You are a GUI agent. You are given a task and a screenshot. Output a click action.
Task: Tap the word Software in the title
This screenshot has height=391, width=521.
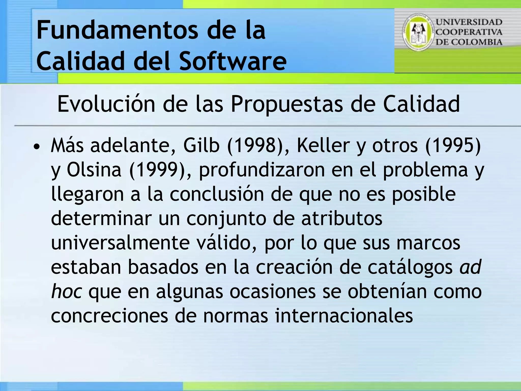pos(233,61)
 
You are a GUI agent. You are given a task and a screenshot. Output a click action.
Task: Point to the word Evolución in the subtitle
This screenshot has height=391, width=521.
pos(106,104)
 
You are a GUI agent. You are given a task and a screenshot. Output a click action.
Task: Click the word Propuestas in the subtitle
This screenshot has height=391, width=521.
pos(286,104)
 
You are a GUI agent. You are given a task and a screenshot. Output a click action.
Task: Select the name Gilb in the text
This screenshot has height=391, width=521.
pos(201,146)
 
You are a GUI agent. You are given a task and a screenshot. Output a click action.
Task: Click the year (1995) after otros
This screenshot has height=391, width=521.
pos(453,146)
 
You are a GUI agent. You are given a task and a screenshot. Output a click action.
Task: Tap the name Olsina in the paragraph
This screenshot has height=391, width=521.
pos(94,170)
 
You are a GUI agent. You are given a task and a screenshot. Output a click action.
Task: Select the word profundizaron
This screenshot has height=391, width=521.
pos(262,170)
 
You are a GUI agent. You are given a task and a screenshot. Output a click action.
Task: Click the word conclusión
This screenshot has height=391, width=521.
pos(217,194)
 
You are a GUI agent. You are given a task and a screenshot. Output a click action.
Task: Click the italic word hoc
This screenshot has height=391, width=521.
pos(66,291)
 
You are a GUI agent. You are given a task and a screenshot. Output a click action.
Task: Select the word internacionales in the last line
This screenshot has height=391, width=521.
pos(344,315)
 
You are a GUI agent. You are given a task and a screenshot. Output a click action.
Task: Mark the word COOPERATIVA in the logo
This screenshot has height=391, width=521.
pos(469,32)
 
